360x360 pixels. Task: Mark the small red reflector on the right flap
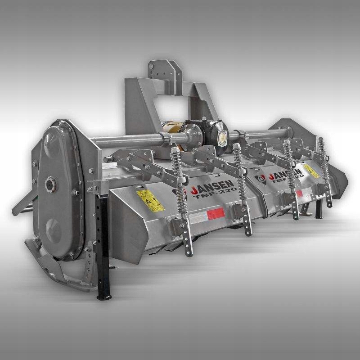pyautogui.click(x=299, y=193)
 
